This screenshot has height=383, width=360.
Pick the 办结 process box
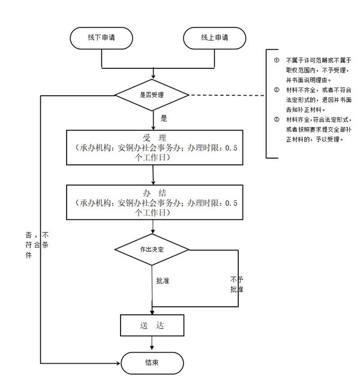click(154, 203)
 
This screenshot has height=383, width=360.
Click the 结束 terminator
click(152, 362)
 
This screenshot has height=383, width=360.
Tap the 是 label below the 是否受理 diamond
click(164, 119)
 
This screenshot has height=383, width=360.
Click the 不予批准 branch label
click(236, 285)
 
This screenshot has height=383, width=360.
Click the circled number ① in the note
click(277, 61)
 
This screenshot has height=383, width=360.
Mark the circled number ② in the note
click(277, 90)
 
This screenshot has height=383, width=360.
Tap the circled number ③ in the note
click(277, 119)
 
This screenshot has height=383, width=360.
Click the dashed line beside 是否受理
click(228, 95)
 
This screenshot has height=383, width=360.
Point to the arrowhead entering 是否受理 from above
click(154, 76)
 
